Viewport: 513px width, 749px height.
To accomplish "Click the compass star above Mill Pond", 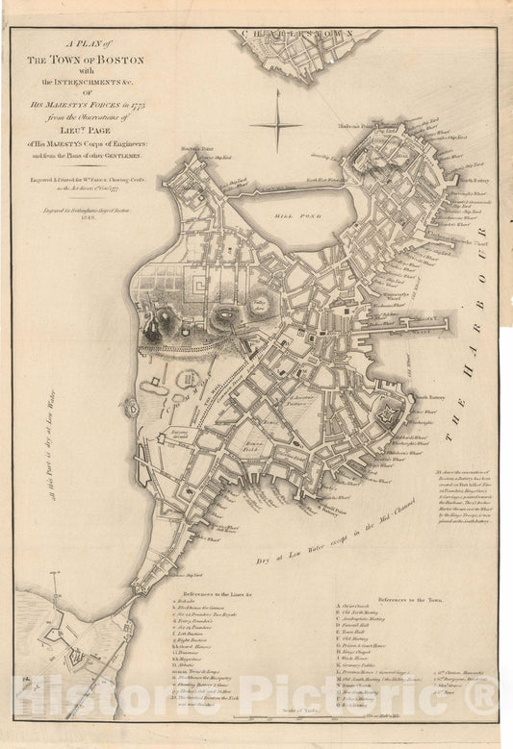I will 276,122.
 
